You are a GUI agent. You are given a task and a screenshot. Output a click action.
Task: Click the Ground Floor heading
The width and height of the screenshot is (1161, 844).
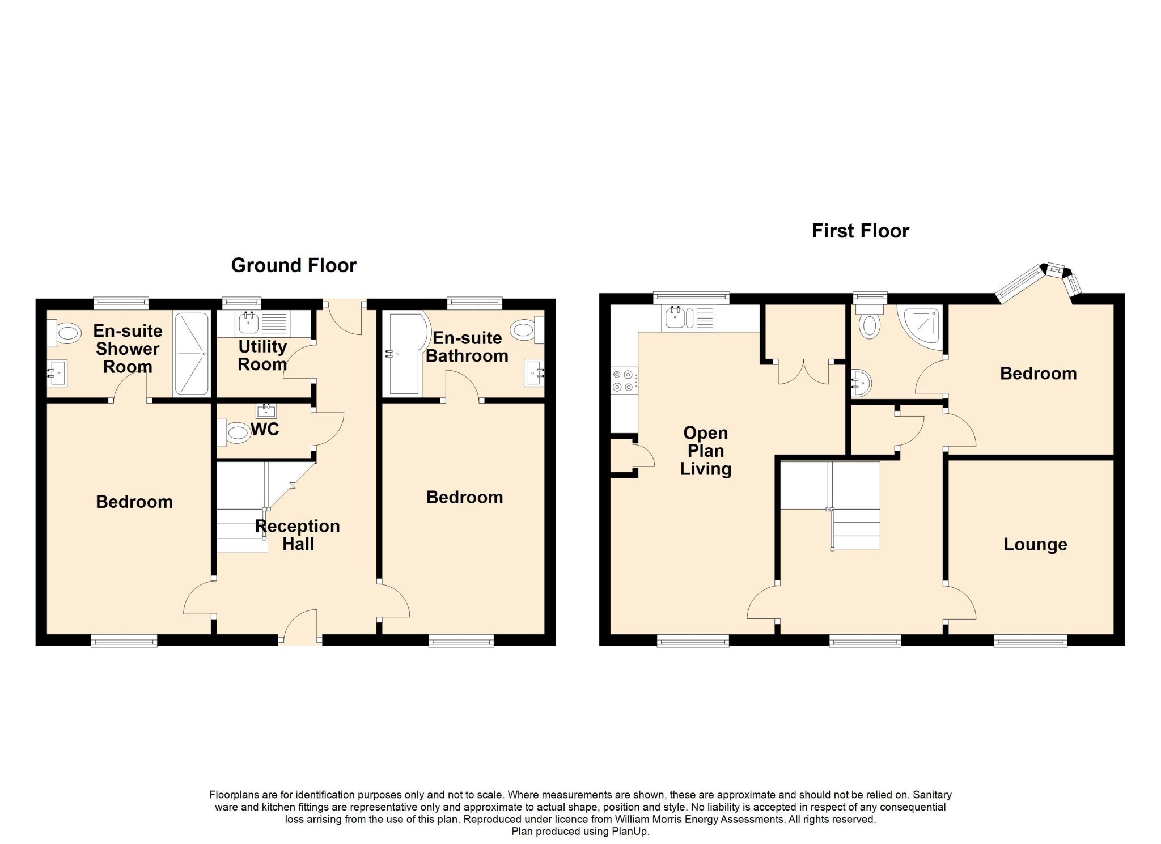[x=294, y=265]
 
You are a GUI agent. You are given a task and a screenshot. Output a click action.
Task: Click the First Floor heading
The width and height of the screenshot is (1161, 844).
[x=860, y=231]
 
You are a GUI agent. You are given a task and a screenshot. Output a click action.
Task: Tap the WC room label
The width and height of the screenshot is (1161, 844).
[x=265, y=429]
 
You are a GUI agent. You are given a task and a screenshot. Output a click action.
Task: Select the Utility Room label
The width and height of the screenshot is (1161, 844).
[x=262, y=355]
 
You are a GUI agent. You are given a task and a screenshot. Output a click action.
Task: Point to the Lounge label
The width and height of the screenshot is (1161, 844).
[x=1035, y=544]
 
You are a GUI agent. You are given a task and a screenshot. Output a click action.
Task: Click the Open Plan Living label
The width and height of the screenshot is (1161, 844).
[x=706, y=451]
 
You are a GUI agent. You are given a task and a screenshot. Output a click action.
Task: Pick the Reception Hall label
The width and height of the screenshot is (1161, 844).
[x=298, y=535]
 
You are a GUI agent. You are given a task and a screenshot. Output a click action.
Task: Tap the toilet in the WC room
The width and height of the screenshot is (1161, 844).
[x=234, y=434]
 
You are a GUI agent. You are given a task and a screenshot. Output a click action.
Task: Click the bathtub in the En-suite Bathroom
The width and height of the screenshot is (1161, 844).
[x=406, y=353]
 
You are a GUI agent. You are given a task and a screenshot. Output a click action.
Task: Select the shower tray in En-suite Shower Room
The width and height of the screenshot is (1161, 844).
[x=192, y=353]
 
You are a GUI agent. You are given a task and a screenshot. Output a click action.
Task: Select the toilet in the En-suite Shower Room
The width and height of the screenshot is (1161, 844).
[x=63, y=333]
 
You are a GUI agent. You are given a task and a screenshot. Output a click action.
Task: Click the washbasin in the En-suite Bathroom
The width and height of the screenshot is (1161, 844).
[x=535, y=373]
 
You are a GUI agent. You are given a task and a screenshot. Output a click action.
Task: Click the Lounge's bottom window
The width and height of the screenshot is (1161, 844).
[x=1031, y=641]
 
